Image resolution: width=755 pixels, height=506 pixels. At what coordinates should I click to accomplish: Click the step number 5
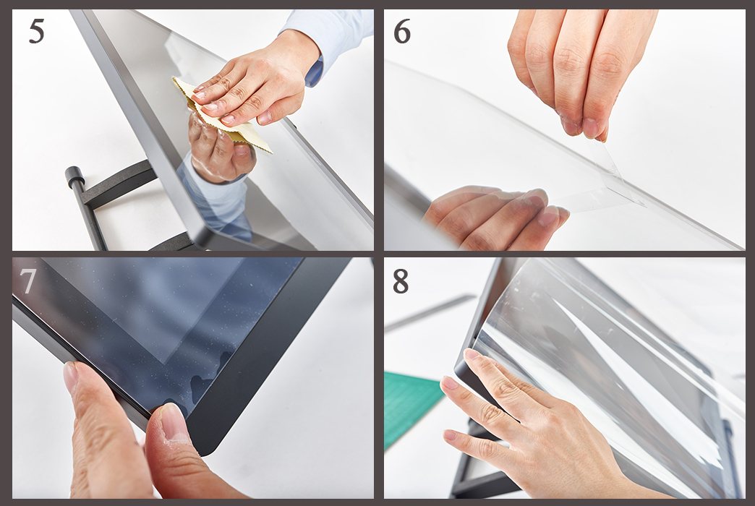click(37, 32)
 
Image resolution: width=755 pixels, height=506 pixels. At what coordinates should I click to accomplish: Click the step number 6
click(402, 32)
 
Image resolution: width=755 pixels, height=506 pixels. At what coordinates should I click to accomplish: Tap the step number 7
click(27, 280)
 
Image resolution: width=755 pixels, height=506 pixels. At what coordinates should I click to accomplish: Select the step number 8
click(401, 281)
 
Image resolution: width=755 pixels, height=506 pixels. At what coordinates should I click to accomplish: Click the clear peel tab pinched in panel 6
click(619, 173)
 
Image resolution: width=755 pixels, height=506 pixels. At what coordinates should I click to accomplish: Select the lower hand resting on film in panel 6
click(496, 217)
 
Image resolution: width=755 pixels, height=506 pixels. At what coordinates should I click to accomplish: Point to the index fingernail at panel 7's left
click(71, 377)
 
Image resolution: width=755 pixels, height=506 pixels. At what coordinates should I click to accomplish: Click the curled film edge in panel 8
click(486, 308)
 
